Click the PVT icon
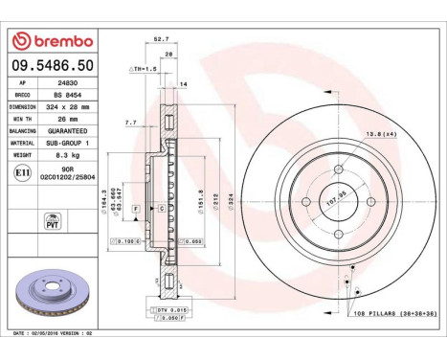point(26,221)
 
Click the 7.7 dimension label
point(131,123)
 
